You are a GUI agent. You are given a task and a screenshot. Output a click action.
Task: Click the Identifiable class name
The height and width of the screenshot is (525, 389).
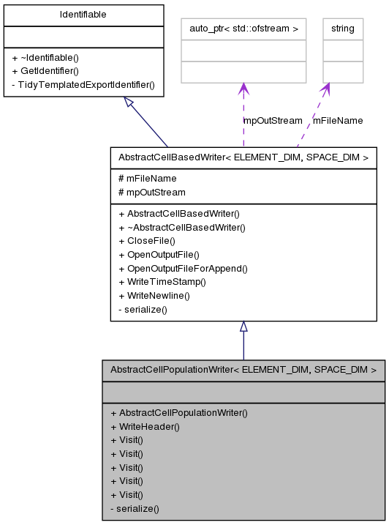(83, 15)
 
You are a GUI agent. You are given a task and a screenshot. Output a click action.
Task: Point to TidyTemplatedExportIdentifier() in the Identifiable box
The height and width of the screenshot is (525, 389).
(82, 84)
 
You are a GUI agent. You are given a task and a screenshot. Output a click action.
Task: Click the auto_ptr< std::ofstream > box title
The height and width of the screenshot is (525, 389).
(243, 29)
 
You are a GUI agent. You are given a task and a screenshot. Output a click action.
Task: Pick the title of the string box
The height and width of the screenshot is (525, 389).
(342, 29)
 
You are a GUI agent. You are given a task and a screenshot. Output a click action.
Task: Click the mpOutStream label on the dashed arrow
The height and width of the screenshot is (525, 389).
(273, 120)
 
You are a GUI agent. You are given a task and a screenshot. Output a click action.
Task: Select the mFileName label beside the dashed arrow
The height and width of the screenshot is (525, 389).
(338, 120)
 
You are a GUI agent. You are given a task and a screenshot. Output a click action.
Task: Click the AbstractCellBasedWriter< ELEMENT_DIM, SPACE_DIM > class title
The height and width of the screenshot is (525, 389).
(243, 157)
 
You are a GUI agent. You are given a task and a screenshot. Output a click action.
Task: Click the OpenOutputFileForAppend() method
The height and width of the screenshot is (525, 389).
(183, 268)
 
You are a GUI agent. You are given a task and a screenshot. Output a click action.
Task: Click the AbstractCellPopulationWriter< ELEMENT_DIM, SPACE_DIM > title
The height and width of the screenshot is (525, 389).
(243, 370)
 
